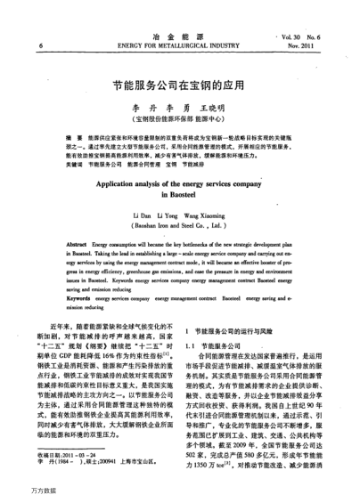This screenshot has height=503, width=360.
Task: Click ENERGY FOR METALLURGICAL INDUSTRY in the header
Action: coord(178,44)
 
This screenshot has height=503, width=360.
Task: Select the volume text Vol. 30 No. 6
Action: coord(311,33)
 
